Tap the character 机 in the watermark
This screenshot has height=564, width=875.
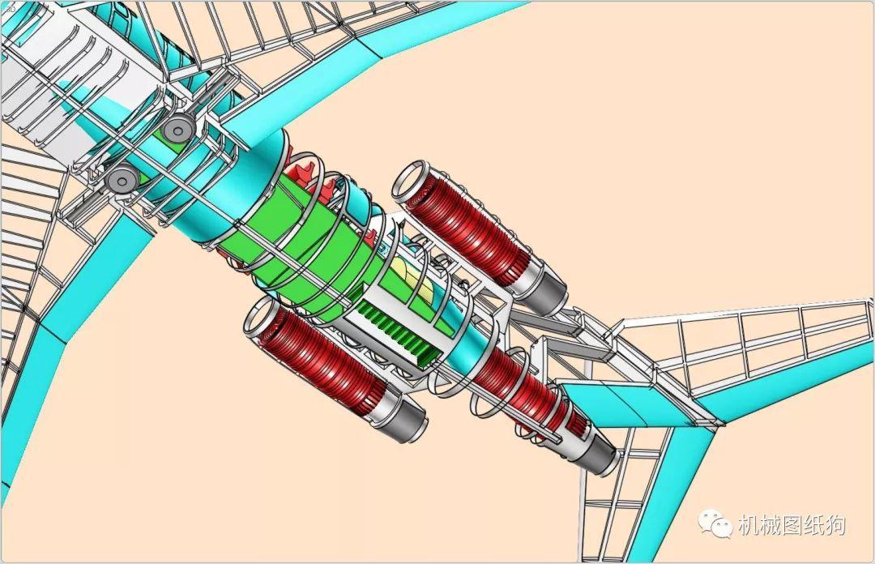(x=749, y=525)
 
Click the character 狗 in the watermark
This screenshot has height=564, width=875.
(x=835, y=525)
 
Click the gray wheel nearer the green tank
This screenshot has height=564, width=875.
(x=177, y=131)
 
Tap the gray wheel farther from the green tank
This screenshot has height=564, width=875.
(x=122, y=179)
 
